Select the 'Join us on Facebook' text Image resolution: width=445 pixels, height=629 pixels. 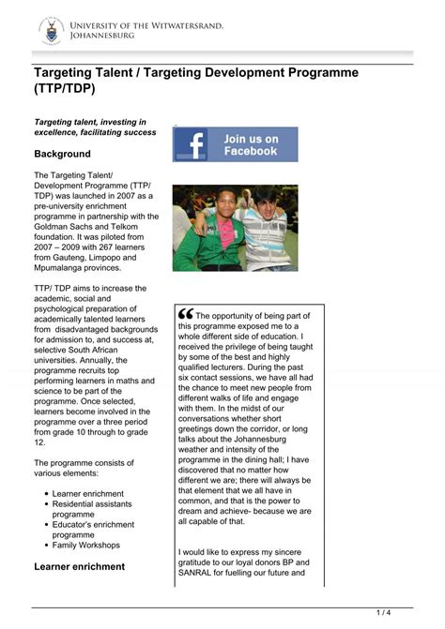(x=251, y=145)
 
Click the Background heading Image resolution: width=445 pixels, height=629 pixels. (x=62, y=154)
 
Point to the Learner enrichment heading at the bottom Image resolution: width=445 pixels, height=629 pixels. (x=79, y=566)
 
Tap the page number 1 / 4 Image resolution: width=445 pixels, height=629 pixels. (x=383, y=613)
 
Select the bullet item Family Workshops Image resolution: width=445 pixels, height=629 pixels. (x=86, y=545)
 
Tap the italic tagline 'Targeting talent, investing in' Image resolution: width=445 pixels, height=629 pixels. (x=90, y=122)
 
